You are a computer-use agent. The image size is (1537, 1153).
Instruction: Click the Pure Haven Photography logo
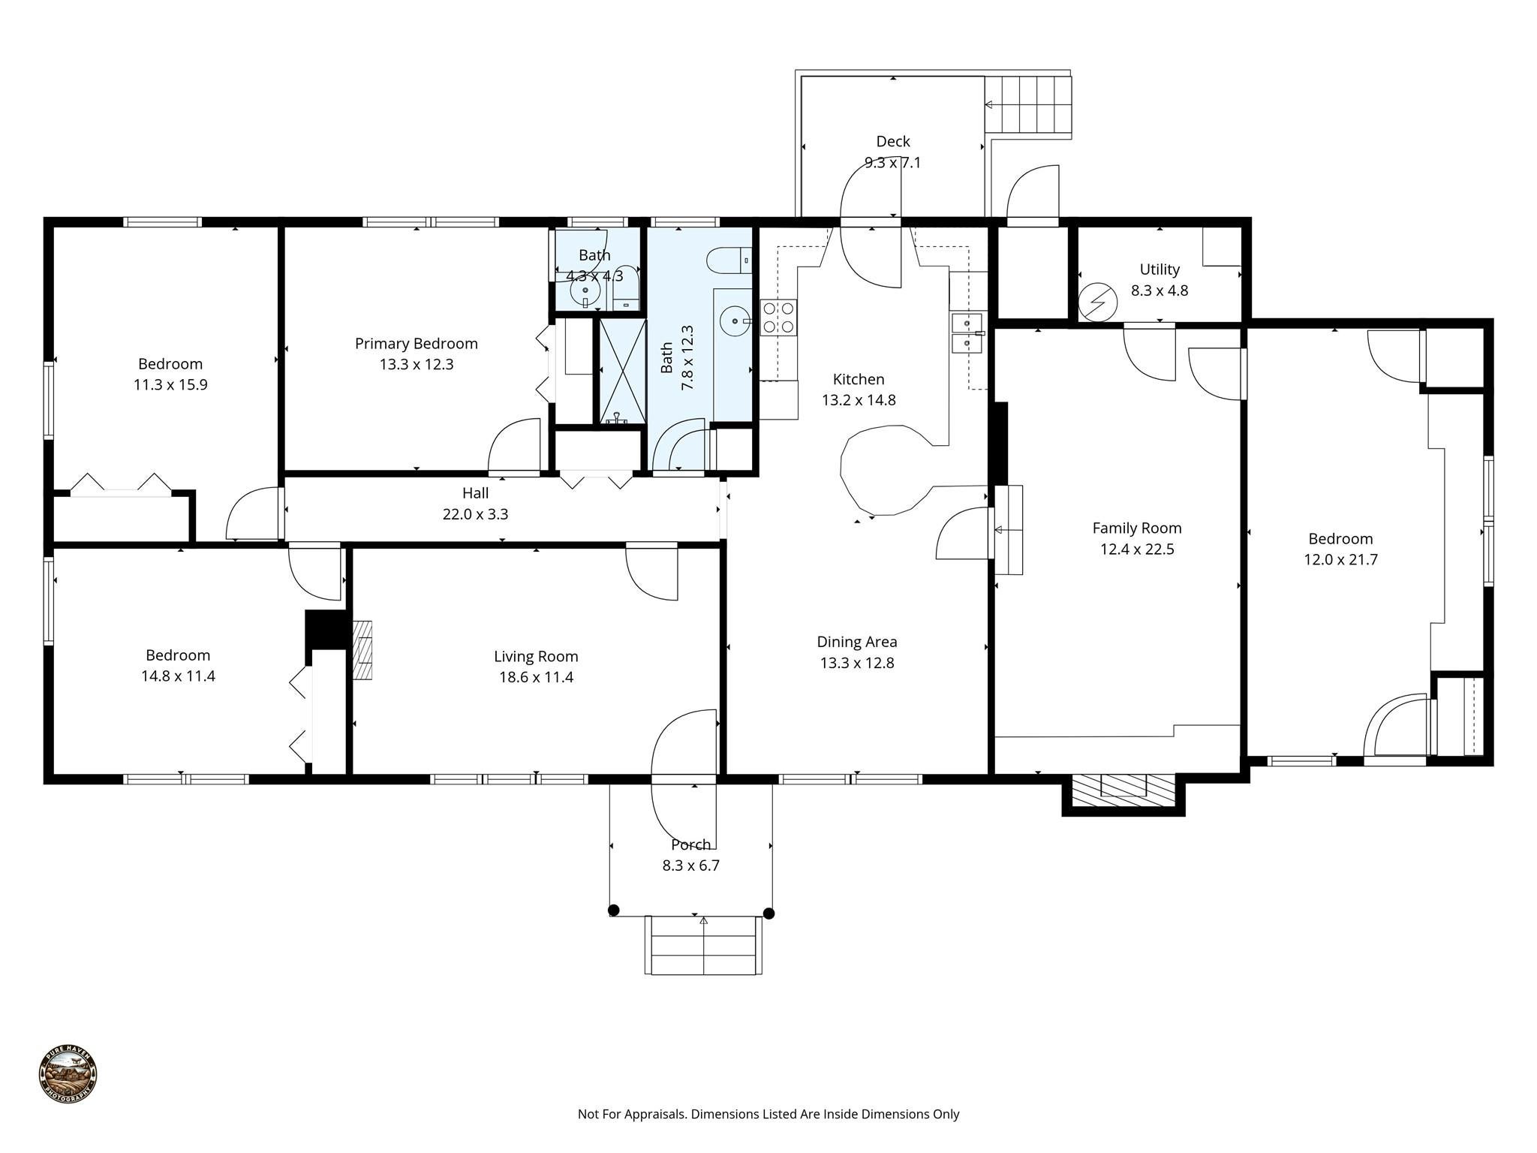[x=68, y=1074]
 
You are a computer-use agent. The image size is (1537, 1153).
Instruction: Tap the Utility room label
[x=1159, y=269]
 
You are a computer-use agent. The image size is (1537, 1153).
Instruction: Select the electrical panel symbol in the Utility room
[x=1097, y=303]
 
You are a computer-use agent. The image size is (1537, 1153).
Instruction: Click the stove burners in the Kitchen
[x=778, y=318]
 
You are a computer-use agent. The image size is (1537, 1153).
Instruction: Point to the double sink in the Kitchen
[x=967, y=333]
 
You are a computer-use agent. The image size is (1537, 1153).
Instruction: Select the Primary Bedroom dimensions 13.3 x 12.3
[x=417, y=365]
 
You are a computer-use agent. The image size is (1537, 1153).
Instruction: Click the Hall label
[x=475, y=493]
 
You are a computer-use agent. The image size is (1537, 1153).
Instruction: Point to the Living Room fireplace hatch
[x=363, y=650]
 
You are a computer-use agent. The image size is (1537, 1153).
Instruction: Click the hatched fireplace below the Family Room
[x=1123, y=790]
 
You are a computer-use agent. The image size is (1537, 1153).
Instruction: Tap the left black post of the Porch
[x=613, y=911]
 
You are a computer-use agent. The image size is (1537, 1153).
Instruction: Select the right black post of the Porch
[x=768, y=914]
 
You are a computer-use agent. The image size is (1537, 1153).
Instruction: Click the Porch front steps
[x=703, y=945]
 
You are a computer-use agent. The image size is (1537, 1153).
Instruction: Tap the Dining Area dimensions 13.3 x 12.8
[x=856, y=663]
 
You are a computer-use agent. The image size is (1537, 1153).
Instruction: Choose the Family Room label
[x=1136, y=528]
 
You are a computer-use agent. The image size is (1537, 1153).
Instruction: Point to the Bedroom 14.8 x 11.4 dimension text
[x=178, y=676]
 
